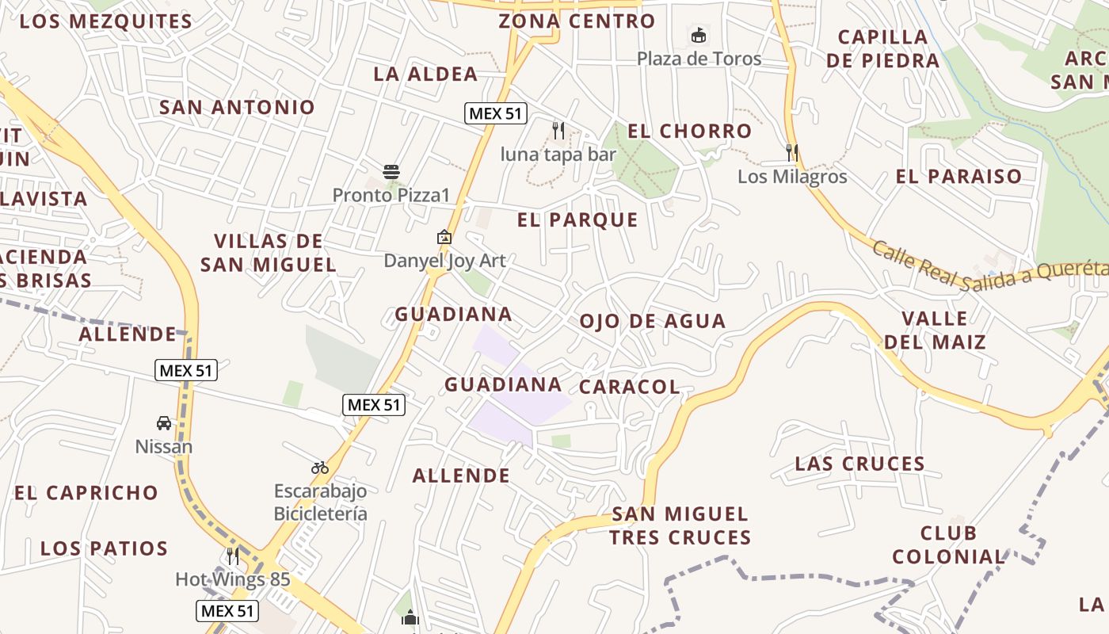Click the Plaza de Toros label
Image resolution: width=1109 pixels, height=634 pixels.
699,59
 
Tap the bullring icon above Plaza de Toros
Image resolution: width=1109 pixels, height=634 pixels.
699,35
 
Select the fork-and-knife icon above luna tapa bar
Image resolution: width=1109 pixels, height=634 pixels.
558,131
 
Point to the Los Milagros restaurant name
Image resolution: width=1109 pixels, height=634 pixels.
792,177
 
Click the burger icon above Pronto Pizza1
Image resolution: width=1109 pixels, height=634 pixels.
391,171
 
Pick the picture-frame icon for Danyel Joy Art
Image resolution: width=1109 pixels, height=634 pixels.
444,236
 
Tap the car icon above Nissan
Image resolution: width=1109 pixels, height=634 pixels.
164,423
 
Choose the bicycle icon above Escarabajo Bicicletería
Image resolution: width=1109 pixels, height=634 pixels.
320,468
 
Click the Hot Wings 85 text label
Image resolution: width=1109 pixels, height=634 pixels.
233,579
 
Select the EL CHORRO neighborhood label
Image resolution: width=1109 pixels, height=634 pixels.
689,132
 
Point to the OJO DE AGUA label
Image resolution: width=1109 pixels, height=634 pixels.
652,321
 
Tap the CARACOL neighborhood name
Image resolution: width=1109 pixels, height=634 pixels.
629,387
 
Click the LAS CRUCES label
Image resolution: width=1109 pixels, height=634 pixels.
859,464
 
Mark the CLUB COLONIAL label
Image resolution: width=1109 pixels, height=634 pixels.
948,544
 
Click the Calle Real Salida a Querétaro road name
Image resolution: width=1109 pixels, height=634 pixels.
990,269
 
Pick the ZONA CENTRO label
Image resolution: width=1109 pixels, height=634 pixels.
577,21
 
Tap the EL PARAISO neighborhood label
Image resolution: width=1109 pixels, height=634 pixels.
958,177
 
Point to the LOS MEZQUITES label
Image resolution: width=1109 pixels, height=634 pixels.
106,21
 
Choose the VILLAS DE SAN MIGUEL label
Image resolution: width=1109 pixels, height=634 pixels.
269,253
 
